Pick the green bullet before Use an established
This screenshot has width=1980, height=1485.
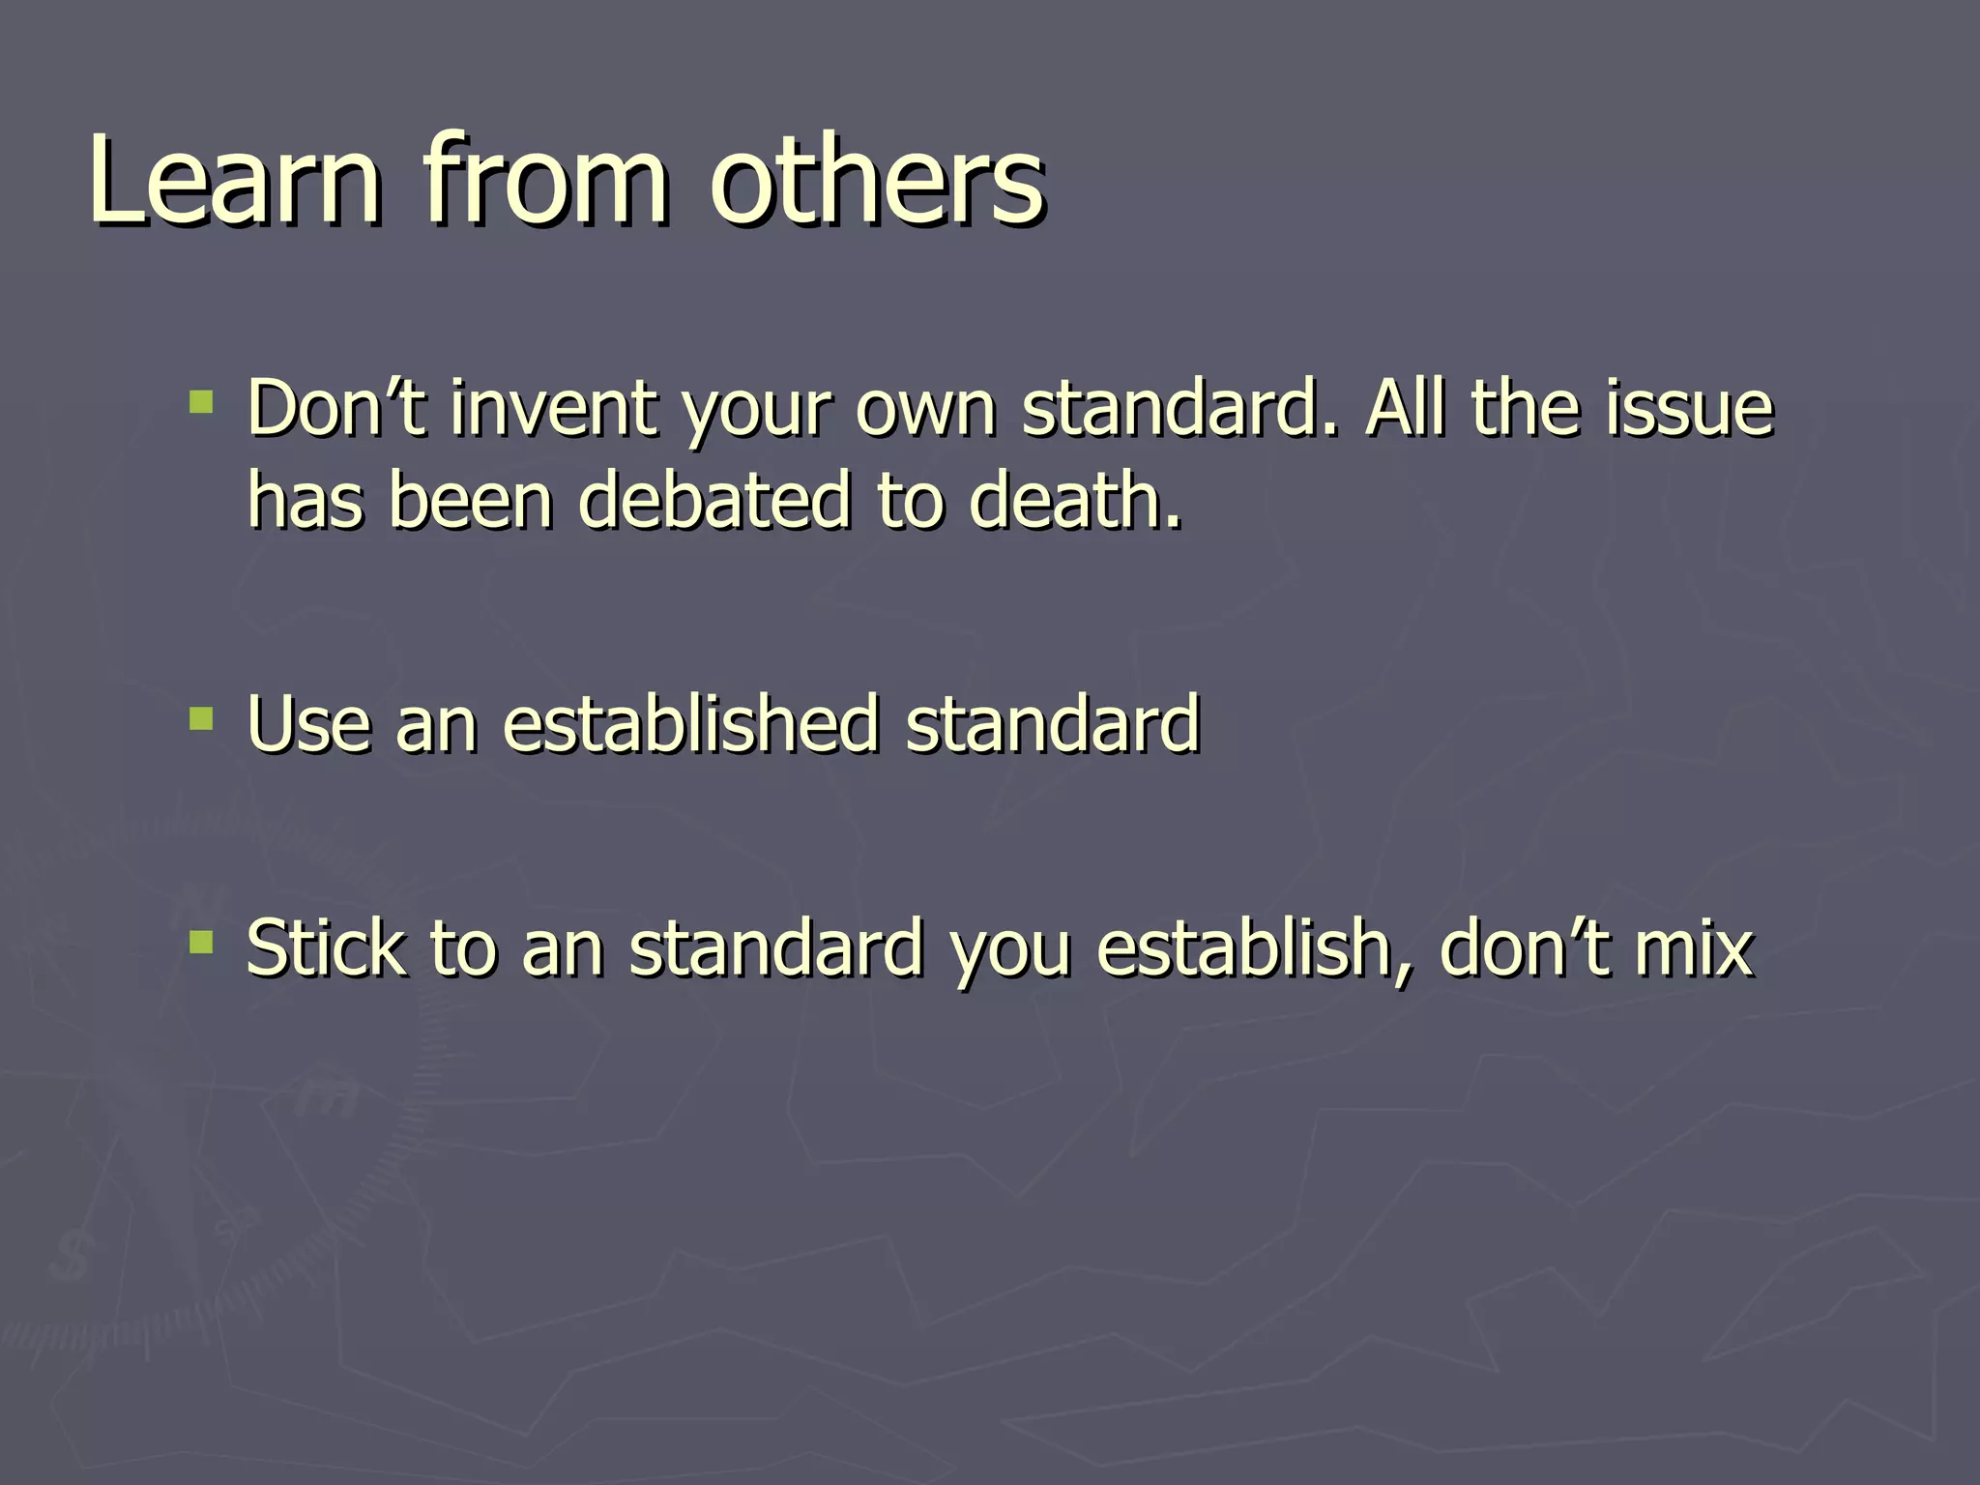[201, 718]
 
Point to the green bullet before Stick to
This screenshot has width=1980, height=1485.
[201, 942]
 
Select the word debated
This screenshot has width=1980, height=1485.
[715, 501]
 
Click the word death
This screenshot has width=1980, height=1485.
[1073, 501]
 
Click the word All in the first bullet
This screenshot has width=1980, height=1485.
[1408, 408]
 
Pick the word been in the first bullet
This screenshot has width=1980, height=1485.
[471, 501]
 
